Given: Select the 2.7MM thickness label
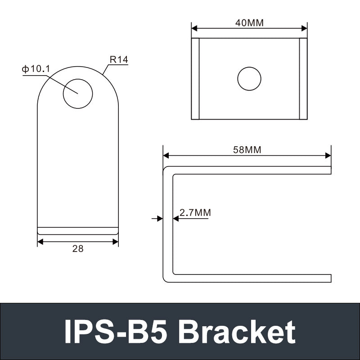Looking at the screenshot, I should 195,212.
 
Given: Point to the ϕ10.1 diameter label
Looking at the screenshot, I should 36,69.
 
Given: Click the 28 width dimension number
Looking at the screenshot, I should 78,248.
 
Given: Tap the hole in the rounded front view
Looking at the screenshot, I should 78,94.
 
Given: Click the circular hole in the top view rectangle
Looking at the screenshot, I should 249,79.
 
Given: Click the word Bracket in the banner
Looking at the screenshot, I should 237,332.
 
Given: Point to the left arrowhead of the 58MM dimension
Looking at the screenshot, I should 166,156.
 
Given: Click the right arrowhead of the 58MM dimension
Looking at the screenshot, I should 328,156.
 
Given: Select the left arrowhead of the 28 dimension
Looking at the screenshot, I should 40,242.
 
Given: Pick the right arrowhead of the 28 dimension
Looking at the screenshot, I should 115,242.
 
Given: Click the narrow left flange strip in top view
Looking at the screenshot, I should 195,79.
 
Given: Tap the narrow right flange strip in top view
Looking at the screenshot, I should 303,79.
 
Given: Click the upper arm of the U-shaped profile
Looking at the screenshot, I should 252,170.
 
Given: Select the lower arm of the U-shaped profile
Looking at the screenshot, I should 252,278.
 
